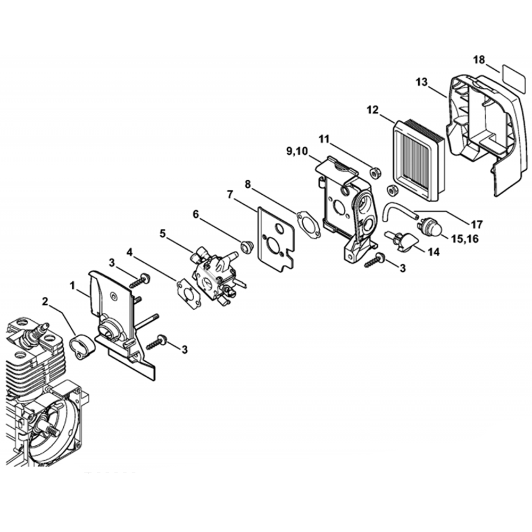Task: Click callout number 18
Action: coord(479,61)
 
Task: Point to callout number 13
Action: coord(422,82)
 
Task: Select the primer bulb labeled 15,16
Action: coord(430,226)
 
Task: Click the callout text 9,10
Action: coord(297,151)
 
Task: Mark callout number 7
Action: coord(230,195)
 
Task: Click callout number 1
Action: coord(72,286)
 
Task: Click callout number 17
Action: coord(476,225)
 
